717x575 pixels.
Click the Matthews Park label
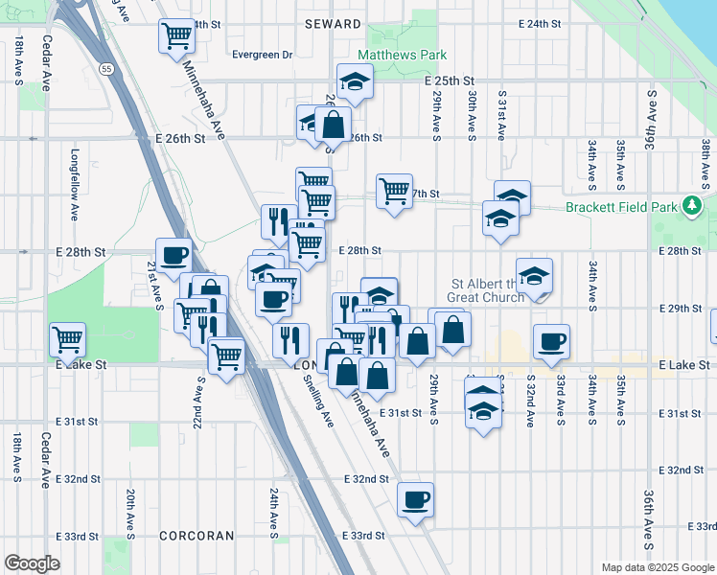pos(402,56)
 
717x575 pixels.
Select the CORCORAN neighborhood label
pos(195,535)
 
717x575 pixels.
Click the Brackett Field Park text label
pos(622,206)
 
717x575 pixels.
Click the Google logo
pos(32,563)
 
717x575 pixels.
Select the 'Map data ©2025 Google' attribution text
pos(657,567)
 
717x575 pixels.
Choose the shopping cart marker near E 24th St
pos(176,36)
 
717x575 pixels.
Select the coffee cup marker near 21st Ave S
pos(173,255)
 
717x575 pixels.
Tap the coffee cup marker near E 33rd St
pos(415,498)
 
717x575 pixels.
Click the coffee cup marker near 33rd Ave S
pos(551,341)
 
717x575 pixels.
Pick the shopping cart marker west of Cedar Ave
pos(67,338)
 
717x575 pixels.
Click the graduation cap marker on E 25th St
pos(355,81)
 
